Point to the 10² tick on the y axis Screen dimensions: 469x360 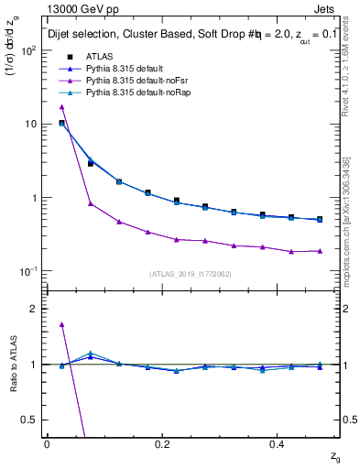[x=28, y=50]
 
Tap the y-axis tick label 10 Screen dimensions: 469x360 [x=31, y=124]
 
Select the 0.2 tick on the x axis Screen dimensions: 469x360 [x=162, y=443]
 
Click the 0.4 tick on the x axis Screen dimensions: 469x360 [x=278, y=443]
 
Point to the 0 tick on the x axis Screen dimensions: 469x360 [x=47, y=443]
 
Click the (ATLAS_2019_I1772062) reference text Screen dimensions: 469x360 [x=191, y=274]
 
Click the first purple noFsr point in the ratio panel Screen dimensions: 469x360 [x=61, y=324]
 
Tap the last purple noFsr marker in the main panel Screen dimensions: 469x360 [x=320, y=250]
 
